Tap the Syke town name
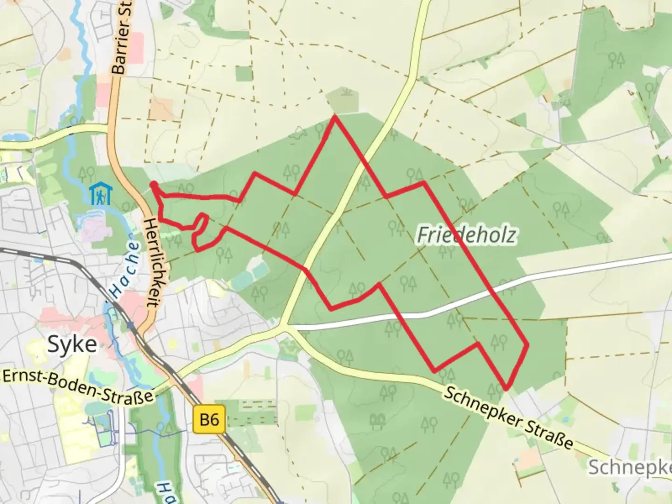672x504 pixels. [x=73, y=344]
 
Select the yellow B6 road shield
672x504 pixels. [x=209, y=420]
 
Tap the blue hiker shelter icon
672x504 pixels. [x=101, y=194]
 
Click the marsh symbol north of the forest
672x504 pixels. [x=345, y=91]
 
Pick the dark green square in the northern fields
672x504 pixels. [x=244, y=74]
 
